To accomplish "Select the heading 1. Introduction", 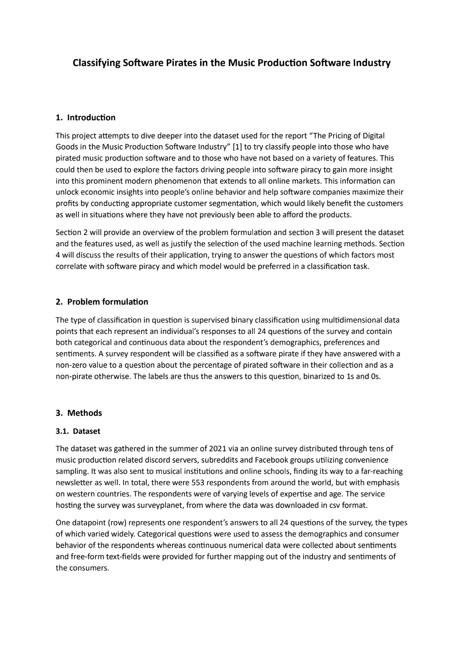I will click(x=86, y=117).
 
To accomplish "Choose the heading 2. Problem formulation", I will click(x=102, y=302).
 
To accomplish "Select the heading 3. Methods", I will click(x=79, y=413).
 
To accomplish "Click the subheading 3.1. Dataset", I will click(x=78, y=431).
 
